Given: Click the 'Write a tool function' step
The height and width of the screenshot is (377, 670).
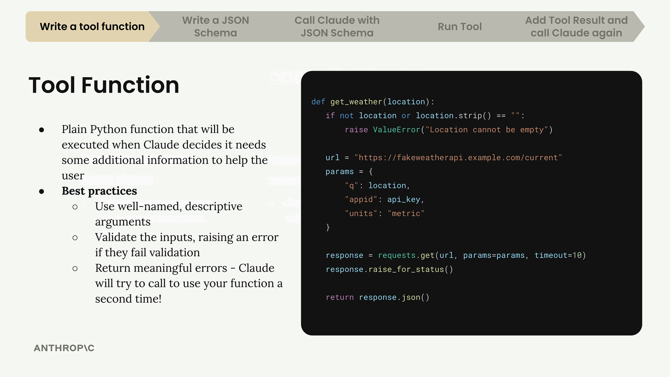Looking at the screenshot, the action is (x=92, y=27).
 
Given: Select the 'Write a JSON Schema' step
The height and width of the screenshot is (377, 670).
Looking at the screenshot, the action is (x=215, y=27).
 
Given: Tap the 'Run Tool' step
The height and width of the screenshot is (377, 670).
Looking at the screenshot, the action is (x=460, y=27).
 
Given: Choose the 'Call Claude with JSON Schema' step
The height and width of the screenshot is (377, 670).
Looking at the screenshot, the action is (x=337, y=27).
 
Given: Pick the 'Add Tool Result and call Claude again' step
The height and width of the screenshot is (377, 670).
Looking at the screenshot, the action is (x=576, y=27).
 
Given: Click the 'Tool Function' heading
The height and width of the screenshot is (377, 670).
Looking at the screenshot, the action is (x=104, y=85).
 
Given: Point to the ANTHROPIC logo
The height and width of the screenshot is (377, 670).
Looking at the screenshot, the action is (x=64, y=348).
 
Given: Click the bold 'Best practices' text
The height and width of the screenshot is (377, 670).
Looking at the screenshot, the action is (x=99, y=191).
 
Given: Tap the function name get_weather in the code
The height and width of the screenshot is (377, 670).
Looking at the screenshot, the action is (x=356, y=102).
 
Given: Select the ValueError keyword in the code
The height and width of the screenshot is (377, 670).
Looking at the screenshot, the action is (x=396, y=130).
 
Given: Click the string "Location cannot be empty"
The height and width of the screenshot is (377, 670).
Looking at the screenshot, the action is (x=487, y=130).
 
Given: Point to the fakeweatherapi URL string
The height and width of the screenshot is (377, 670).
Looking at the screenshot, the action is (x=458, y=157).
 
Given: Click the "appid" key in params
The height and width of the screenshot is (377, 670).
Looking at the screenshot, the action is (x=361, y=199).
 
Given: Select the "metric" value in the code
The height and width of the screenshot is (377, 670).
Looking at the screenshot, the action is (x=406, y=213).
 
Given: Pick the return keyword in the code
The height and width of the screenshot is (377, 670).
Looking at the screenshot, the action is (x=340, y=297).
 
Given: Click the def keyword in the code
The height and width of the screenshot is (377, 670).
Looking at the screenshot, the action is (x=318, y=102).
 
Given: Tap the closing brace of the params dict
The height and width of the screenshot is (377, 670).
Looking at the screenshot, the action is (x=328, y=227).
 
